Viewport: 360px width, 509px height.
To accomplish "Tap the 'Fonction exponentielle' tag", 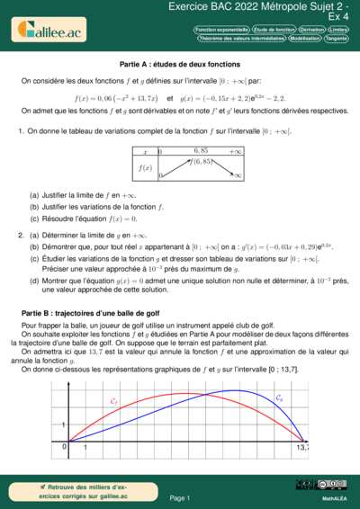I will [220, 30].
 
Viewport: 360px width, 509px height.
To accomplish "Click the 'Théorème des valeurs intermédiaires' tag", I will [235, 40].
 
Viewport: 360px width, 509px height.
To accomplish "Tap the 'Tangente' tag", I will [337, 40].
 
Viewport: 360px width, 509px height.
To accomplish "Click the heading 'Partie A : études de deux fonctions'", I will [179, 65].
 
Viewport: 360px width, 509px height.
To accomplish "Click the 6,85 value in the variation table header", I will [200, 151].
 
